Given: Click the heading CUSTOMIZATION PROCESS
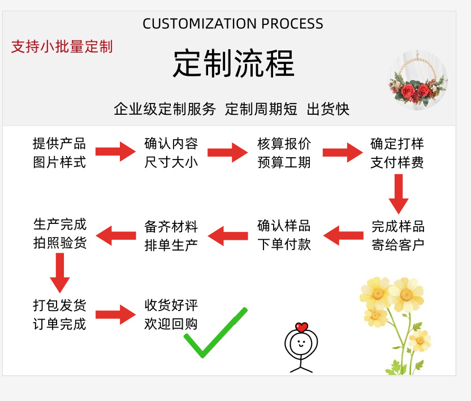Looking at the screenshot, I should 233,24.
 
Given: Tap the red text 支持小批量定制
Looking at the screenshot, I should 62,46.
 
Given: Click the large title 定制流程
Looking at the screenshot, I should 234,63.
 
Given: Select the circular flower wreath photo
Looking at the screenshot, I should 418,80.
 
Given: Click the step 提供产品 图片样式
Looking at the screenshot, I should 59,153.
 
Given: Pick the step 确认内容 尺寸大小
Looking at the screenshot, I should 171,153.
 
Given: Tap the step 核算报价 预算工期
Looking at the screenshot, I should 284,153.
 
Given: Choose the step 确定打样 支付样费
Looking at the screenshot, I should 397,153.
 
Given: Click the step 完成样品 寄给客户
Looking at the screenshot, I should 398,235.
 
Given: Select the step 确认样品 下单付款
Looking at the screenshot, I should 284,235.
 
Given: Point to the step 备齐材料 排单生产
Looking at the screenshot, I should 171,235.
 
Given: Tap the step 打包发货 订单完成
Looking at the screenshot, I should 59,314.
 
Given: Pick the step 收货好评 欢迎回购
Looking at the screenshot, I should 171,314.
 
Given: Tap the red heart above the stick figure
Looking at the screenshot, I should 301,327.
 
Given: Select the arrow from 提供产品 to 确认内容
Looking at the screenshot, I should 115,152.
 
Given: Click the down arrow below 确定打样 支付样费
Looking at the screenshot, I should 399,193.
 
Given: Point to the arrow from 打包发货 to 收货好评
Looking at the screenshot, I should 115,314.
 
